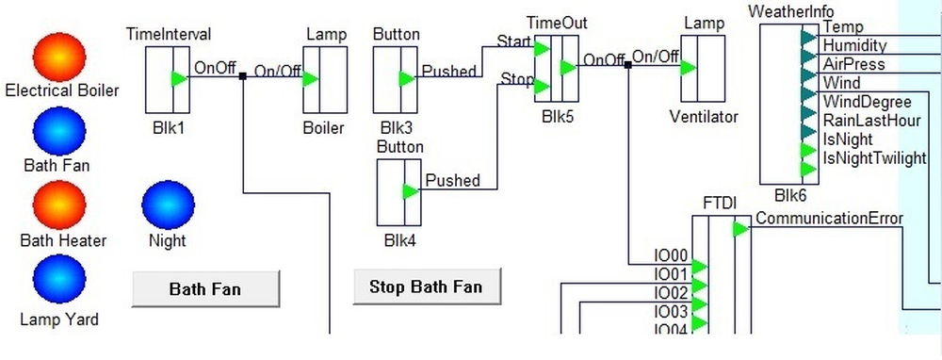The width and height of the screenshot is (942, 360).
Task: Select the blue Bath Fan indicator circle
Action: pyautogui.click(x=59, y=132)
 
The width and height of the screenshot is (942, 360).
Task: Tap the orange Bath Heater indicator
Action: pyautogui.click(x=59, y=205)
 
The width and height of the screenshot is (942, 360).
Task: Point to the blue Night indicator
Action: pyautogui.click(x=168, y=205)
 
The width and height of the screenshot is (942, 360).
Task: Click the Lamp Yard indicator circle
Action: pyautogui.click(x=59, y=279)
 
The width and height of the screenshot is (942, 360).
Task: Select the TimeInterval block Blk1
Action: pyautogui.click(x=168, y=79)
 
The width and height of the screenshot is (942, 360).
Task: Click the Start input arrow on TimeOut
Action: pyautogui.click(x=542, y=48)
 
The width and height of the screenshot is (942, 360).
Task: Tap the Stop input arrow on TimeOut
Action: pyautogui.click(x=542, y=88)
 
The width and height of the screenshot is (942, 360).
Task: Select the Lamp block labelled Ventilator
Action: pyautogui.click(x=703, y=68)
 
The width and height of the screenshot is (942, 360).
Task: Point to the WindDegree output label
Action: pyautogui.click(x=867, y=102)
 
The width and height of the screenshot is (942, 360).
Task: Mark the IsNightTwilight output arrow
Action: pyautogui.click(x=808, y=169)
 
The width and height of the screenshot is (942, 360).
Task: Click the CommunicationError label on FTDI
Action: pyautogui.click(x=829, y=220)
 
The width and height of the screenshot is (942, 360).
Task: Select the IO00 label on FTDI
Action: pyautogui.click(x=672, y=255)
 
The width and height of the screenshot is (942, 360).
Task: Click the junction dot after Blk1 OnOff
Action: pyautogui.click(x=243, y=76)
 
